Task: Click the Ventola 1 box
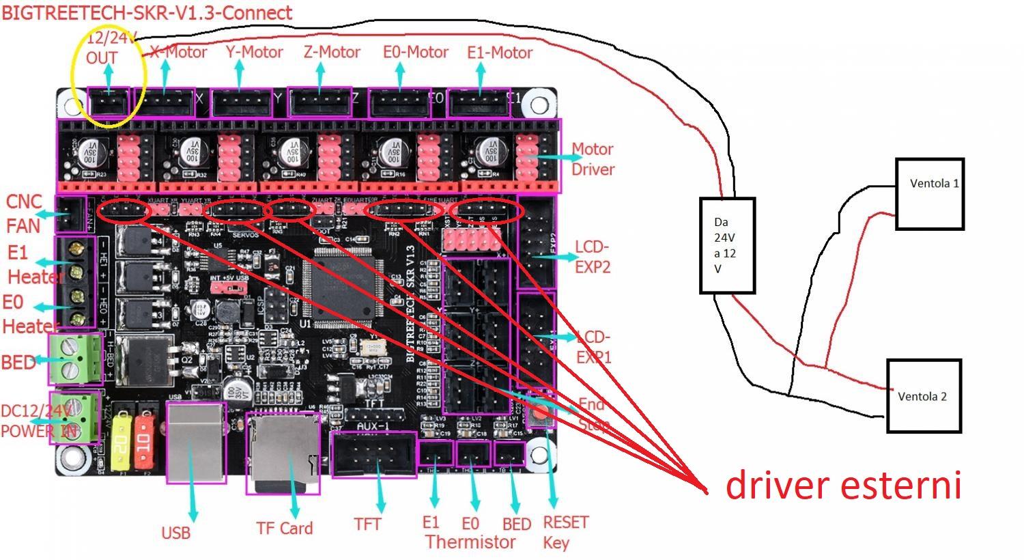point(929,194)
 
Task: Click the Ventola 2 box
point(924,396)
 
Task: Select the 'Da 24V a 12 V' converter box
point(727,245)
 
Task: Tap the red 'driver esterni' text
point(843,485)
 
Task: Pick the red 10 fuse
point(145,440)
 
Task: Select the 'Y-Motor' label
point(254,53)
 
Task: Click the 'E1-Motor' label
point(500,53)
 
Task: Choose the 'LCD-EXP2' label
point(593,257)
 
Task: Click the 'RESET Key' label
point(565,533)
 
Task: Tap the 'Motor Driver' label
point(593,159)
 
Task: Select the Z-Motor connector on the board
point(319,103)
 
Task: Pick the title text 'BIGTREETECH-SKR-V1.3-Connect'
point(147,12)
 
